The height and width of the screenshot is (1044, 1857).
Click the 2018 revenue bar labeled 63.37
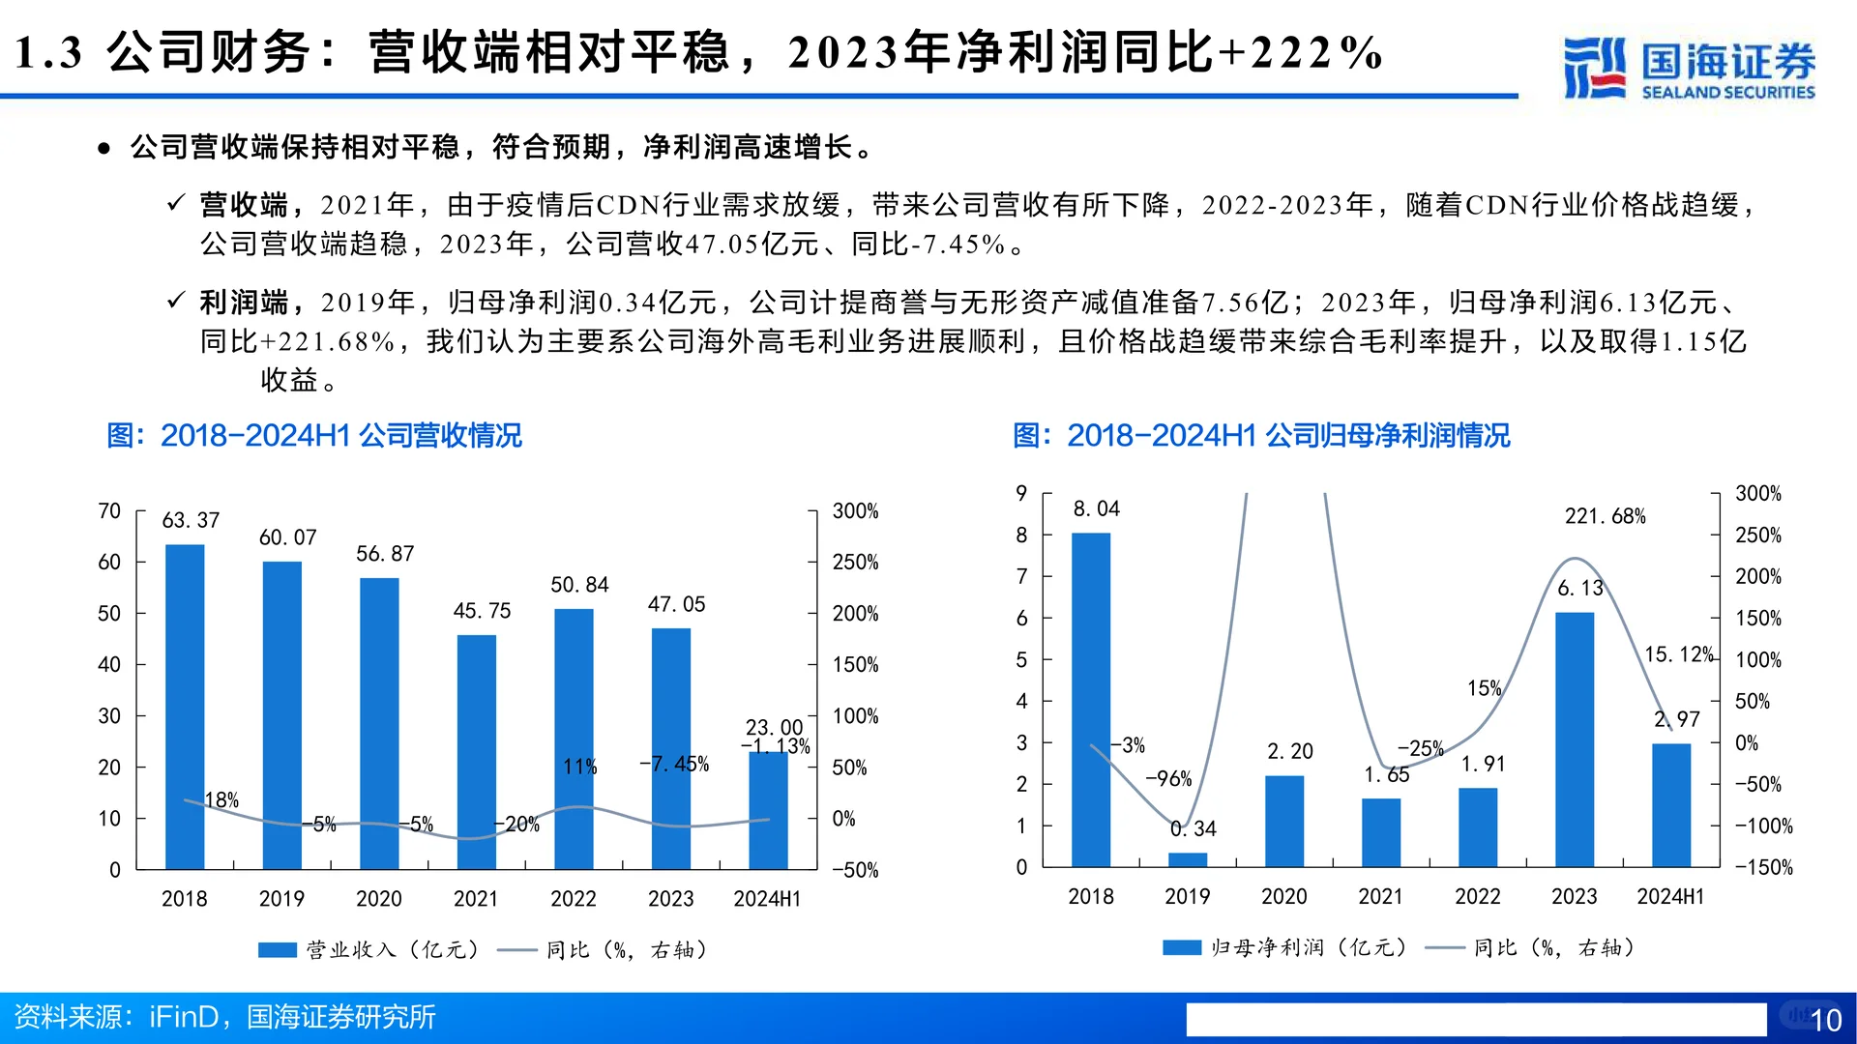[x=185, y=706]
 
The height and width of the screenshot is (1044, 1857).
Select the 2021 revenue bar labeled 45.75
[x=476, y=751]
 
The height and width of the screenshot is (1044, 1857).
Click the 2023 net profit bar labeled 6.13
[x=1575, y=739]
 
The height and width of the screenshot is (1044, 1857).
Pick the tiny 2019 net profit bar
[x=1188, y=859]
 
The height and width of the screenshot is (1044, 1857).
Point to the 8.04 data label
[x=1096, y=508]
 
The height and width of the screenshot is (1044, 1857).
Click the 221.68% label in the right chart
[x=1605, y=516]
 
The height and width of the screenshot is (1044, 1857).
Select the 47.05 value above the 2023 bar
[x=676, y=604]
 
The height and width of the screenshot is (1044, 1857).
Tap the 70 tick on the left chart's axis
[x=109, y=511]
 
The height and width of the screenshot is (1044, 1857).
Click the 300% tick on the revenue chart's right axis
[x=855, y=511]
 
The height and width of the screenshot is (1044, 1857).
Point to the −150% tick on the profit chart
[x=1763, y=867]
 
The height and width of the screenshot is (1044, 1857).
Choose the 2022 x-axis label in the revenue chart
[x=574, y=899]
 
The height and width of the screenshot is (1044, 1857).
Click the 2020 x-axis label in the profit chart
[x=1283, y=897]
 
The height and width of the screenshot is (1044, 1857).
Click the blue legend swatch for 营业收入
[x=277, y=950]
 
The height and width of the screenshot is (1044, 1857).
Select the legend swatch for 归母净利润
[x=1181, y=947]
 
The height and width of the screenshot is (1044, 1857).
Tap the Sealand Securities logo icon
[x=1594, y=68]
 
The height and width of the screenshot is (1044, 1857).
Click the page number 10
[x=1825, y=1020]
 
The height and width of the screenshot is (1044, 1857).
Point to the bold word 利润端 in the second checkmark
[x=244, y=303]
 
